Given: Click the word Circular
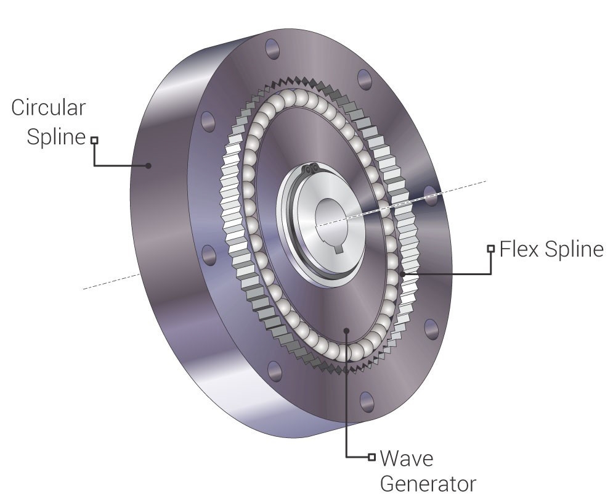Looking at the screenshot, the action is [x=48, y=107].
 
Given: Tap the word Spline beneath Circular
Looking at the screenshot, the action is [x=56, y=137].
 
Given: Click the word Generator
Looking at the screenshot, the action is [x=428, y=484].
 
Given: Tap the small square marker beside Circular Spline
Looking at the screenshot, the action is [x=94, y=140].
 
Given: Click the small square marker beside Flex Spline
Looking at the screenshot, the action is [x=490, y=249].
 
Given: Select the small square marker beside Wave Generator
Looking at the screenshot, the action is [x=371, y=457].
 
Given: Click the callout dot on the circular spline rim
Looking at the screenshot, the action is [x=148, y=165].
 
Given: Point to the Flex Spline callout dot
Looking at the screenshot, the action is [x=403, y=274].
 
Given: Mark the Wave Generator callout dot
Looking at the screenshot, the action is [x=346, y=331].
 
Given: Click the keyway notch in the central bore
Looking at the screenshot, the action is [x=339, y=248].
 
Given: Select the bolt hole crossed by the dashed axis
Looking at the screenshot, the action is [x=430, y=196].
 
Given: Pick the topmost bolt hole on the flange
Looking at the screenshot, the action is [x=272, y=49].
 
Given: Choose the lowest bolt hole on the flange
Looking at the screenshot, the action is [x=367, y=402].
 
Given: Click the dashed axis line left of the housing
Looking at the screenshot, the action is [x=111, y=281].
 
